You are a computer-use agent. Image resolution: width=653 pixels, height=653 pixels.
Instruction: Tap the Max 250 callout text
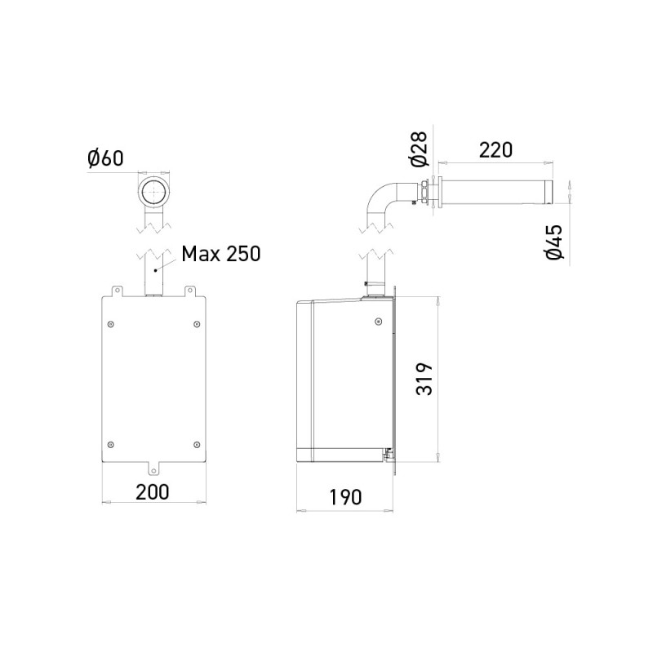coord(220,253)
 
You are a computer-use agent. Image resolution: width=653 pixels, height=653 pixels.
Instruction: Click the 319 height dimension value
coord(424,379)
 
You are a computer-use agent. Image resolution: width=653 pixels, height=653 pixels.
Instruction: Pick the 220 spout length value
coord(495,150)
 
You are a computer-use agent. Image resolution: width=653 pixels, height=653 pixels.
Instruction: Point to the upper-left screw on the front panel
coord(111,324)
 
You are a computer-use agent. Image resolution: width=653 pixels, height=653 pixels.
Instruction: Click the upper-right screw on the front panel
coord(196,324)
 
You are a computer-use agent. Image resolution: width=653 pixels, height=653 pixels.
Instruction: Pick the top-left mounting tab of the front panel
coord(116,290)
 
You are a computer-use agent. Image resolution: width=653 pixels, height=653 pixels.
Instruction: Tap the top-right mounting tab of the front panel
coord(190,290)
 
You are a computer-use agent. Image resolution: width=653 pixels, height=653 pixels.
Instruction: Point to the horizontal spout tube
coord(498,193)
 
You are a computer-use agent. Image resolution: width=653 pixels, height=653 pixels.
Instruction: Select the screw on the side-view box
coord(376,322)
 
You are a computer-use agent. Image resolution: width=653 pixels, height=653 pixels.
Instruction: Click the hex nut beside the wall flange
coord(425,193)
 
